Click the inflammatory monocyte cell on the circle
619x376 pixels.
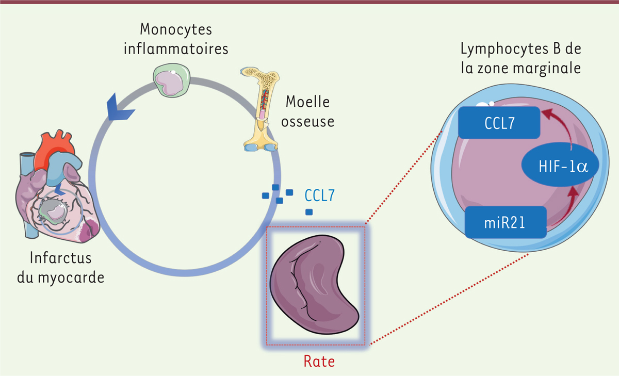coord(171,81)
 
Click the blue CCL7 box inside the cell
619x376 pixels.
coord(498,123)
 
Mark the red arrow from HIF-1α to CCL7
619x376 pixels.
coord(563,126)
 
